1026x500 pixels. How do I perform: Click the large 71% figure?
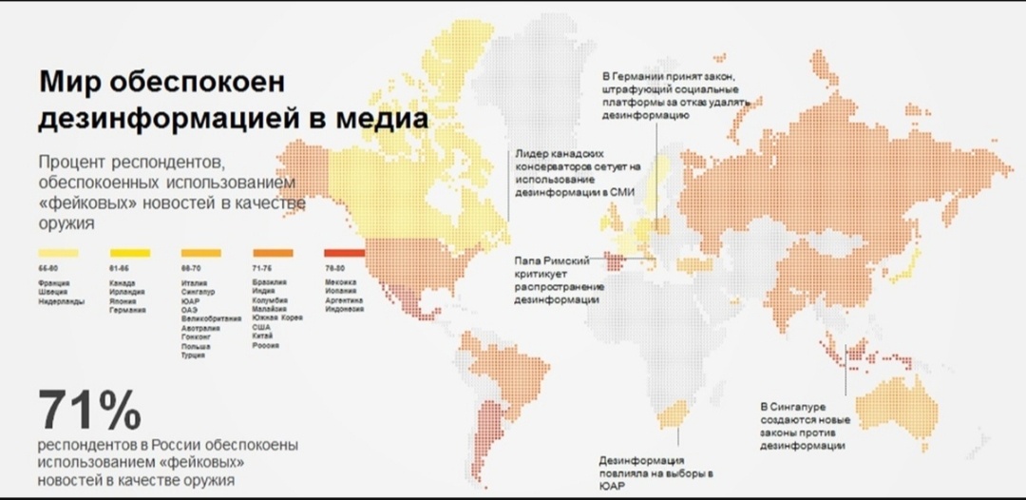click(90, 411)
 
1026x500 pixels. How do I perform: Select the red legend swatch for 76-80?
click(344, 253)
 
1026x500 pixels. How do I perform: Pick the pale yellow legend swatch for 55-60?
click(59, 253)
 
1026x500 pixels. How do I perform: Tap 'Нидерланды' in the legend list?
click(61, 301)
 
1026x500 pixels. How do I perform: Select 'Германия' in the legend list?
click(127, 310)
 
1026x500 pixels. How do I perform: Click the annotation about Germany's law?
click(675, 95)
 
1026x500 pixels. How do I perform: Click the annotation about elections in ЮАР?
click(656, 474)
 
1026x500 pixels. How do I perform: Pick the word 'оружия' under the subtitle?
click(66, 224)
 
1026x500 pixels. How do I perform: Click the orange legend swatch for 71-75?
click(273, 253)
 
